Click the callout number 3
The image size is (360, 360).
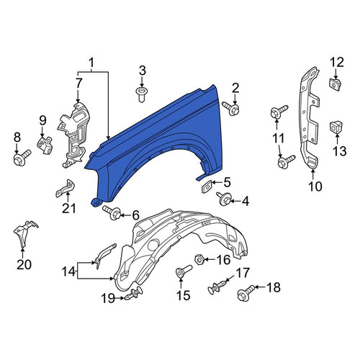point(143,71)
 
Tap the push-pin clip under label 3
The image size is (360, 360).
point(141,94)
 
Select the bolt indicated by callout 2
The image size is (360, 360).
point(231,108)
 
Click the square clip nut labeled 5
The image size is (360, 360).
point(206,186)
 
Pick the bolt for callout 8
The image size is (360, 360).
point(22,158)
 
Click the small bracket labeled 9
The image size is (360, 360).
point(45,145)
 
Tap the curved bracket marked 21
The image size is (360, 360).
point(65,189)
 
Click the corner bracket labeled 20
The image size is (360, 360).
point(24,233)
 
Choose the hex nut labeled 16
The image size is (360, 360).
point(199,259)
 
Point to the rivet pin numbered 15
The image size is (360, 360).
point(184,271)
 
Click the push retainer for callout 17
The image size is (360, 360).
point(217,287)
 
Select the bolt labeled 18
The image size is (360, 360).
point(246,292)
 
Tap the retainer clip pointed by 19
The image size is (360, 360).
point(132,294)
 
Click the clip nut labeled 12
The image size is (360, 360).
point(335,84)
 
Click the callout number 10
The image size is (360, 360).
point(315,186)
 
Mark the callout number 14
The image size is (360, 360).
point(68,271)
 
